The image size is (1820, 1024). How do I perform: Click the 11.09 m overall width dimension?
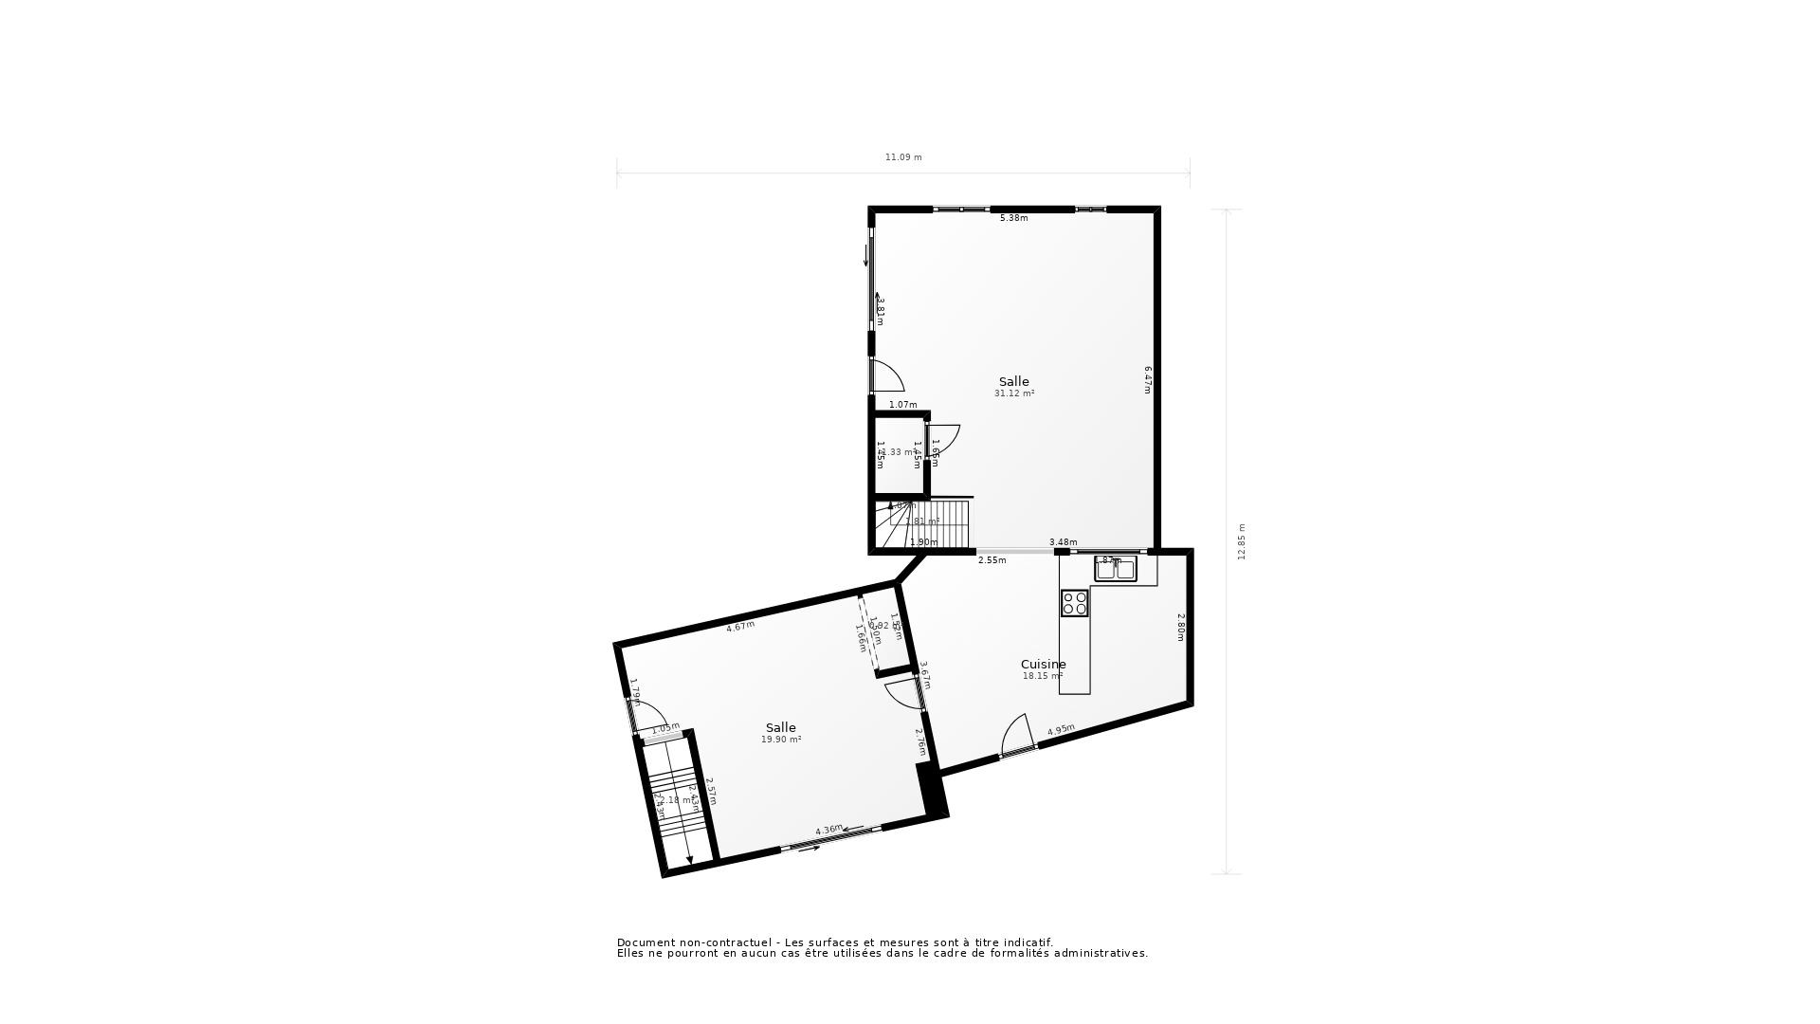[x=902, y=157]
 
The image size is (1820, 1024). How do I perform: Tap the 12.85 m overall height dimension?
[x=1242, y=541]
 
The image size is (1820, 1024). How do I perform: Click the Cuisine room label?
[x=1043, y=664]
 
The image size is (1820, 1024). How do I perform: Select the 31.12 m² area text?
[x=1013, y=393]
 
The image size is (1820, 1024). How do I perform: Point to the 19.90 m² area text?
[x=781, y=740]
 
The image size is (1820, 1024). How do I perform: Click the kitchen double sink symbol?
[x=1116, y=569]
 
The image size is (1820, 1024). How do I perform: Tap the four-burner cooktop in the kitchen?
[x=1074, y=603]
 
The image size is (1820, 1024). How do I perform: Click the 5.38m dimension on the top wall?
[x=1013, y=218]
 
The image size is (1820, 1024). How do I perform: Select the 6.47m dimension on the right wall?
[x=1147, y=379]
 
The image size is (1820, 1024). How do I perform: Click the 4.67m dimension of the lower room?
[x=740, y=626]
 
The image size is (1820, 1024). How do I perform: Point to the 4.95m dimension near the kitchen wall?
[x=1061, y=730]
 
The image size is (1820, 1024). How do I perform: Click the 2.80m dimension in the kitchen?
[x=1180, y=627]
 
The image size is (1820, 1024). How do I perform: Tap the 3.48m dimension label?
[x=1063, y=542]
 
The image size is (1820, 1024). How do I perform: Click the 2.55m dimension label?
[x=992, y=560]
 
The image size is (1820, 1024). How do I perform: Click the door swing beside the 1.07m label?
[x=887, y=377]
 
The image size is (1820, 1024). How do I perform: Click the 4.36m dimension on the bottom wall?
[x=828, y=831]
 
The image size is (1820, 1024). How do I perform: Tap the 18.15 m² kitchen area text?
[x=1042, y=676]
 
